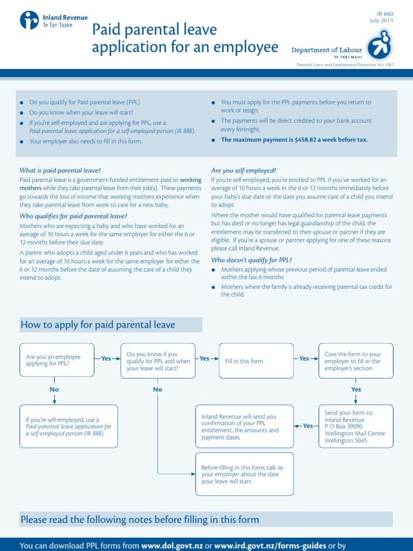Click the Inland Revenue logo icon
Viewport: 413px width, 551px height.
click(29, 20)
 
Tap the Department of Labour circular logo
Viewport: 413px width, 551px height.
click(379, 44)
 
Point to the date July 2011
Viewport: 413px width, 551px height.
click(381, 20)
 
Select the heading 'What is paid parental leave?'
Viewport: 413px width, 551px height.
click(60, 171)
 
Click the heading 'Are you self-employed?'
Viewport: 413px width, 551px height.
click(244, 171)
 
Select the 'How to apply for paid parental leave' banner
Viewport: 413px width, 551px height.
click(111, 324)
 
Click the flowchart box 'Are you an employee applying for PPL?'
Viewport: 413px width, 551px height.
click(55, 360)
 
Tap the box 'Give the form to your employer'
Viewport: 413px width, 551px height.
click(356, 361)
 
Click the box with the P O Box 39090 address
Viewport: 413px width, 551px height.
click(356, 426)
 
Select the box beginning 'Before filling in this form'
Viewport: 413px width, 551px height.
click(244, 475)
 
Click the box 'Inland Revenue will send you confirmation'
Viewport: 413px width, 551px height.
click(244, 427)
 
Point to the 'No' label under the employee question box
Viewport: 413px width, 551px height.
click(54, 389)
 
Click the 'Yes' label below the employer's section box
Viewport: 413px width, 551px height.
click(356, 389)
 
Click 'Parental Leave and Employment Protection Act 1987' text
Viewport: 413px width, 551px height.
click(345, 65)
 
